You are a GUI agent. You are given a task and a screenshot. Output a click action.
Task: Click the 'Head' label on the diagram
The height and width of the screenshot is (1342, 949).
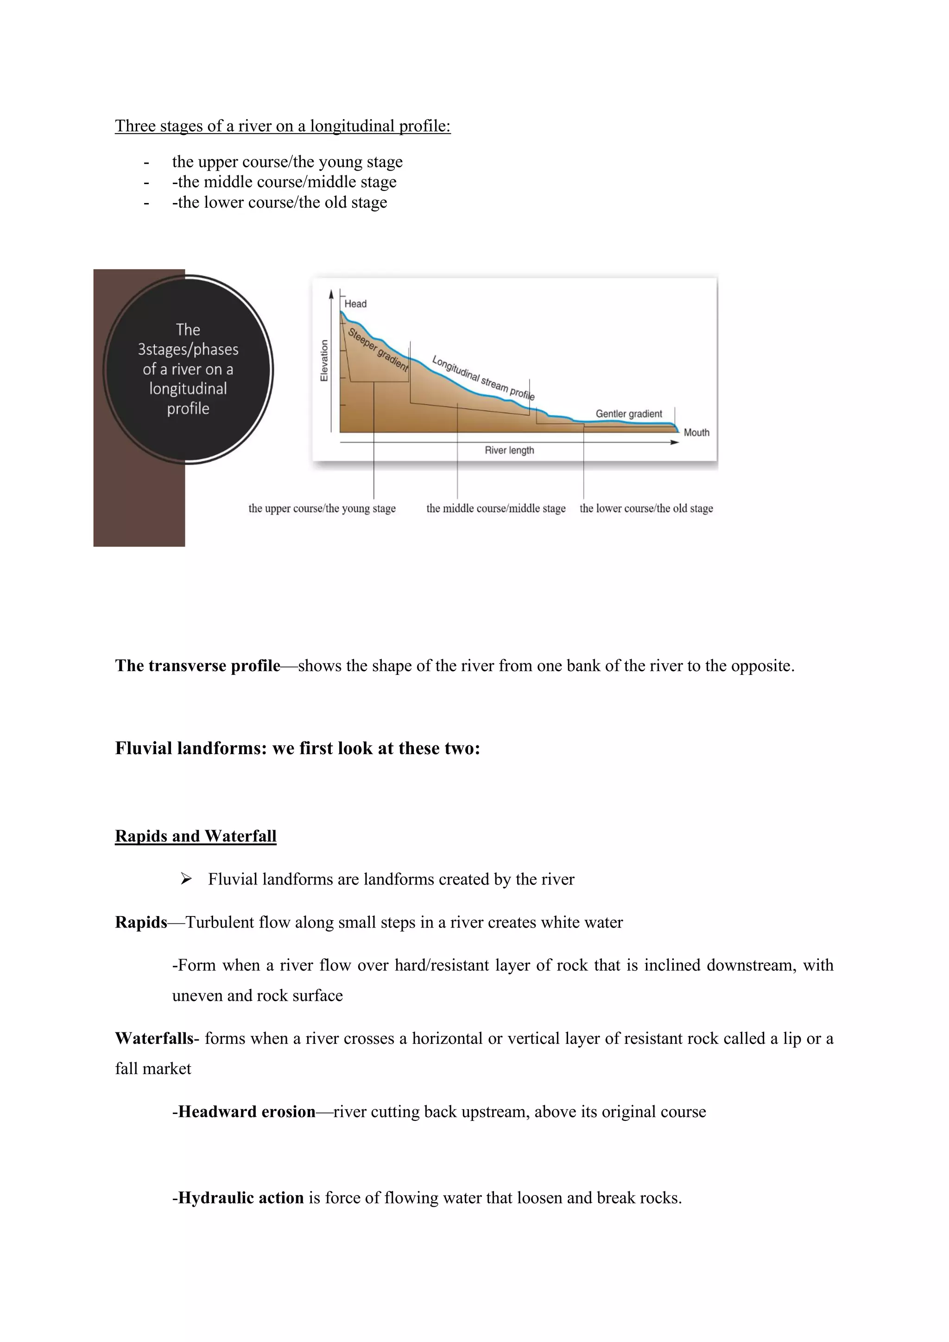[x=355, y=304]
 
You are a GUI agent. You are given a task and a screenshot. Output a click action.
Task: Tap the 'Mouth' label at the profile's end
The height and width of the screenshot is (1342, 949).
[x=696, y=432]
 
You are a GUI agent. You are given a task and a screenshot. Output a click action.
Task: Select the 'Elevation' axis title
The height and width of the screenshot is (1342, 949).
[x=324, y=361]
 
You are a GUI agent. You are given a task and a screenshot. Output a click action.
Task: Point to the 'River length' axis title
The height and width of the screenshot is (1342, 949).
[x=509, y=450]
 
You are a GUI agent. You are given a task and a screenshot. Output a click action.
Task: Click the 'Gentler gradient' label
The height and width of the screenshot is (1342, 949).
[x=629, y=414]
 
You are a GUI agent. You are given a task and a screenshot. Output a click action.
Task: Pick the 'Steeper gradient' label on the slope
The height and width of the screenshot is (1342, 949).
[x=378, y=350]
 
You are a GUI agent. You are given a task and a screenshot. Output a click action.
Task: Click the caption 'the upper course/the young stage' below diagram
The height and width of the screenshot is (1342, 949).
[x=322, y=509]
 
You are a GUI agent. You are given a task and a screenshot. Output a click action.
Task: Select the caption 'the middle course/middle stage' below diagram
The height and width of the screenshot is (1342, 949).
[x=495, y=509]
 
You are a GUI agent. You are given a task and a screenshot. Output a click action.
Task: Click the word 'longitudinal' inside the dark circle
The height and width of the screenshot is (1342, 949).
[x=188, y=388]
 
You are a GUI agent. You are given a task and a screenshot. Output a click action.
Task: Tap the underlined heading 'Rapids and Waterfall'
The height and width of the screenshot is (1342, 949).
[x=195, y=836]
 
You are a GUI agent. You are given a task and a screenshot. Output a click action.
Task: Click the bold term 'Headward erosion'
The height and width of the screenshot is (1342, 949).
[x=247, y=1112]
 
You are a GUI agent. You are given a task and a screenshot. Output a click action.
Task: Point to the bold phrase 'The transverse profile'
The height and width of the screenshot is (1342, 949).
[x=197, y=666]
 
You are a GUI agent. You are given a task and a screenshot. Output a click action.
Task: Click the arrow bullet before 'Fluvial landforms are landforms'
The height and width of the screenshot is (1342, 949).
[x=186, y=878]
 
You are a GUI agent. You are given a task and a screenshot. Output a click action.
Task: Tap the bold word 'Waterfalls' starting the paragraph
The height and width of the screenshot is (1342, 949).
[x=154, y=1039]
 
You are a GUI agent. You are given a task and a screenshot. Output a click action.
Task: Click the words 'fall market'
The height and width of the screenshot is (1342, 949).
[x=153, y=1069]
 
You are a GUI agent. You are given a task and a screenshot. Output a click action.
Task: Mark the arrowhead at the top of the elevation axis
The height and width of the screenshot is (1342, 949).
[x=331, y=294]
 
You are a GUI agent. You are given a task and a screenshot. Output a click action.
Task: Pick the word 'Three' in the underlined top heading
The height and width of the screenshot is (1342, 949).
[x=135, y=126]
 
